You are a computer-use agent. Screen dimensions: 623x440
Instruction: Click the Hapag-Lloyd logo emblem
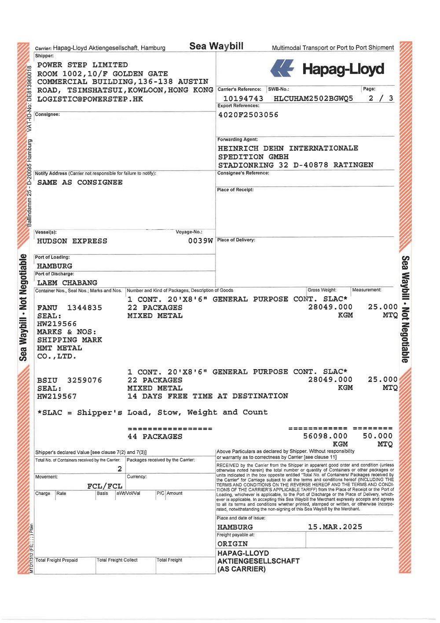(x=282, y=69)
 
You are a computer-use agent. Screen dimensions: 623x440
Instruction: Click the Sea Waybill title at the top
(x=216, y=46)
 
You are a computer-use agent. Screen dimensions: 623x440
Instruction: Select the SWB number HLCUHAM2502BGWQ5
(x=313, y=99)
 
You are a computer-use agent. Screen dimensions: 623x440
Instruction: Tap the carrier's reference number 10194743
(x=243, y=99)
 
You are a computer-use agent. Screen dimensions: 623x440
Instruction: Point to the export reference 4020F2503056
(x=248, y=115)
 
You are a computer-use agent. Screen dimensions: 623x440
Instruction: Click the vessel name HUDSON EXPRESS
(x=72, y=241)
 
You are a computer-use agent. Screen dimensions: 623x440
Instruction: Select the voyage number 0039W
(x=200, y=241)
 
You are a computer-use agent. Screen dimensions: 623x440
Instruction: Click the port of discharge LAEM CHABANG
(x=67, y=283)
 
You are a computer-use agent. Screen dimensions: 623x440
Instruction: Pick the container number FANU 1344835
(x=70, y=308)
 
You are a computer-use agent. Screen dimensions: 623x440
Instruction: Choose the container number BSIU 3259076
(x=70, y=380)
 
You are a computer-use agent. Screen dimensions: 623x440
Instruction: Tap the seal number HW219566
(x=57, y=324)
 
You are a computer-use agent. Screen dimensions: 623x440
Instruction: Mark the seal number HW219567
(x=57, y=397)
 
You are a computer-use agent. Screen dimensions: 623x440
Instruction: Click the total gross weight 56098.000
(x=325, y=436)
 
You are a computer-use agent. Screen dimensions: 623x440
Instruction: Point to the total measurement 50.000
(x=378, y=436)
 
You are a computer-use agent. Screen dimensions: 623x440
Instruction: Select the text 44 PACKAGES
(x=155, y=437)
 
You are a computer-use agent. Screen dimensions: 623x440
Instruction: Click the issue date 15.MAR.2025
(x=335, y=527)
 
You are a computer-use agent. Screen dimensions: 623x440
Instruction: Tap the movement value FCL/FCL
(x=105, y=486)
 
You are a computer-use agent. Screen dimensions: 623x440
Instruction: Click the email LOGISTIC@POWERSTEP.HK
(x=90, y=99)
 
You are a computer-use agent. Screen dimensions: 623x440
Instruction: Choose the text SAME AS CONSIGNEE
(x=80, y=182)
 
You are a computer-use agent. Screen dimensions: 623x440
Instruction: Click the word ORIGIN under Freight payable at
(x=232, y=544)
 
